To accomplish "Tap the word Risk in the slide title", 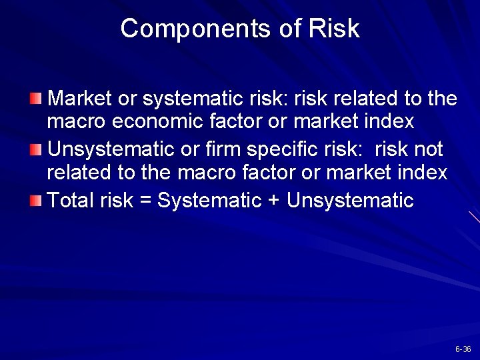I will click(335, 29).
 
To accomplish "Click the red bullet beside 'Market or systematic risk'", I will click(37, 100).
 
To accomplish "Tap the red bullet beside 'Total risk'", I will click(37, 199).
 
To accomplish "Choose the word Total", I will click(71, 199).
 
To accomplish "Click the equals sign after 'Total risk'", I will click(146, 200).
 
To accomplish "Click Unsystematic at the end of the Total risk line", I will click(350, 200).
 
